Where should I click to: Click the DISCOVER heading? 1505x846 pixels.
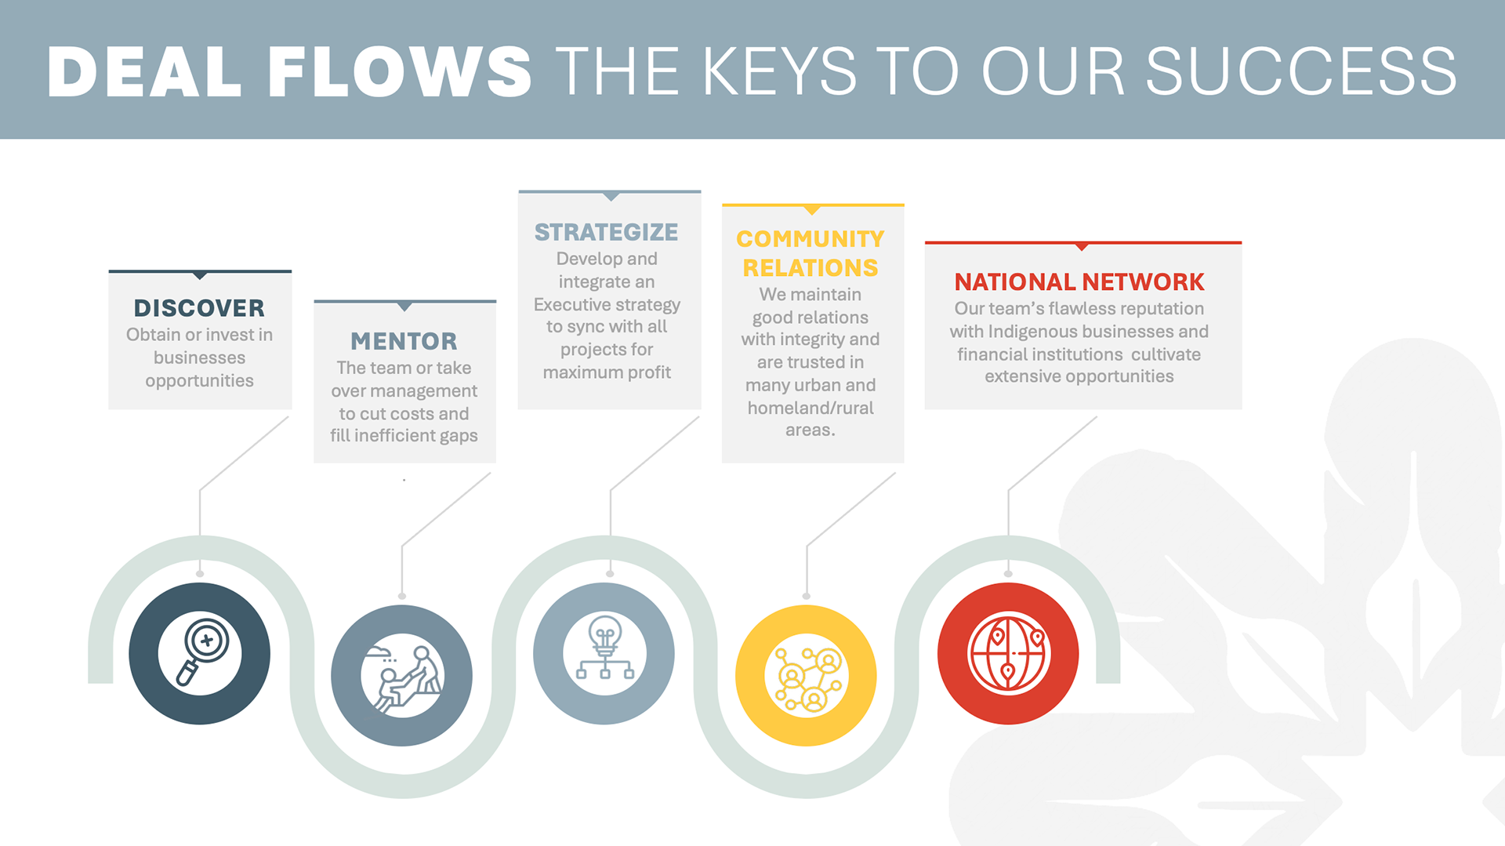tap(199, 308)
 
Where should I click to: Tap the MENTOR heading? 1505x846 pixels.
tap(404, 341)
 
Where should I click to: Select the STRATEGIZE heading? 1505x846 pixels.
tap(606, 232)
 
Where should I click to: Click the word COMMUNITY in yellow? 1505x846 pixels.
tap(811, 238)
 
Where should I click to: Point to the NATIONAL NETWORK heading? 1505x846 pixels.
tap(1079, 281)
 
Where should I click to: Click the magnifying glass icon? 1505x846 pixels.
tap(200, 653)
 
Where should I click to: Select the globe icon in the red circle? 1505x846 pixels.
tap(1008, 653)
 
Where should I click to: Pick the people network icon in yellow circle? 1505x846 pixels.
tap(807, 676)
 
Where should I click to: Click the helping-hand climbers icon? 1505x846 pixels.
tap(403, 676)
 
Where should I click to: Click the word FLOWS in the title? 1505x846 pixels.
tap(400, 72)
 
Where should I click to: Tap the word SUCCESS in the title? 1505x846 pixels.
tap(1301, 72)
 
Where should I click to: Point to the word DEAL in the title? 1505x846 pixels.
tap(144, 72)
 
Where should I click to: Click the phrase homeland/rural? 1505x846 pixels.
tap(811, 408)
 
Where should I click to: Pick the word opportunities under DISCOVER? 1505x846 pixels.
tap(199, 381)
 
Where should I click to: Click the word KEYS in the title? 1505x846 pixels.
tap(780, 72)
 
